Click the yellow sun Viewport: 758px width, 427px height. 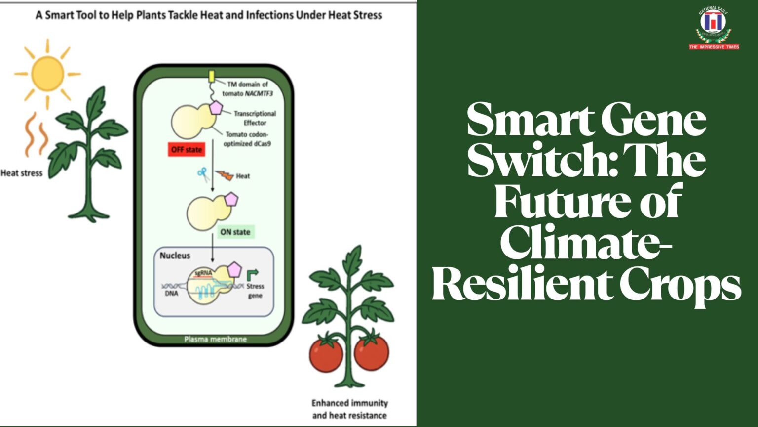pos(47,74)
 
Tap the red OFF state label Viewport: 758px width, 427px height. pos(187,149)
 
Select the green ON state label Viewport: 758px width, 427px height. pos(235,232)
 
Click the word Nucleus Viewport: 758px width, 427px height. pos(175,256)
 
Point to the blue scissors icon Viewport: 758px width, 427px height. pos(202,173)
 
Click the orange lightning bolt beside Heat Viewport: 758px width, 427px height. pos(225,175)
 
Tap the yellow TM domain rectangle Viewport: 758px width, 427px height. pos(211,77)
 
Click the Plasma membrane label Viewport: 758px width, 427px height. pos(215,339)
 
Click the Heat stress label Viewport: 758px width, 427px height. pos(22,173)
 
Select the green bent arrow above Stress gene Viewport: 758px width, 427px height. pos(252,274)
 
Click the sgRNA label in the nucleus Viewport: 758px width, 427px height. pos(203,273)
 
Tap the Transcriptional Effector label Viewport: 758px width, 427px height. pos(255,118)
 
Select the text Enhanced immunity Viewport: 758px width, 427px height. pos(349,403)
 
